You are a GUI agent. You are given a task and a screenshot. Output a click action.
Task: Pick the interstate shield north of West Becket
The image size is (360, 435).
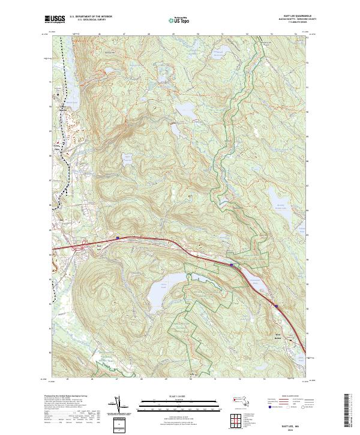(x=277, y=306)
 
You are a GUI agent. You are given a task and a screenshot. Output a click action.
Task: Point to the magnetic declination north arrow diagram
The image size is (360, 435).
(x=121, y=404)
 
